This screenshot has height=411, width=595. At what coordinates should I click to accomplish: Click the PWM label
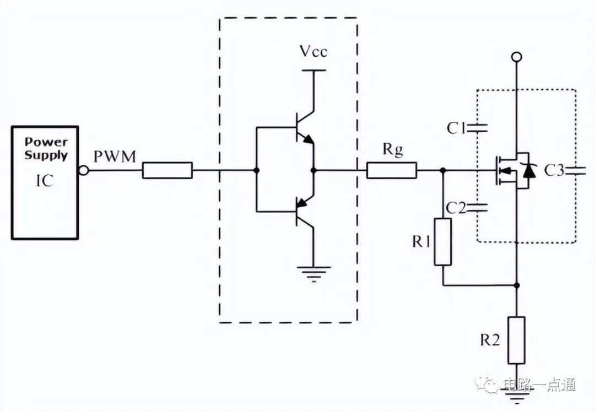tap(115, 156)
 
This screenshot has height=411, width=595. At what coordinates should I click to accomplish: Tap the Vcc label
tap(313, 51)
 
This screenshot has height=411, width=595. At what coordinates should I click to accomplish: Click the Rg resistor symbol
tap(392, 170)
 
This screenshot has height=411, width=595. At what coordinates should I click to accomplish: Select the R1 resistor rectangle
tap(443, 242)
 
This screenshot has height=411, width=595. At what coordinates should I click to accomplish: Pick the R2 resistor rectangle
tap(516, 340)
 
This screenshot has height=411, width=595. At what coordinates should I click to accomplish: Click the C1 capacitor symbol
tap(477, 128)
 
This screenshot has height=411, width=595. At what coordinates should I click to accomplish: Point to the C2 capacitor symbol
tap(477, 207)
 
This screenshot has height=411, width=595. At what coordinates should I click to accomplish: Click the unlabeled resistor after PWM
tap(167, 170)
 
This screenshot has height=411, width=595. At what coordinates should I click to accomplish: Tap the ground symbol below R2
tap(516, 397)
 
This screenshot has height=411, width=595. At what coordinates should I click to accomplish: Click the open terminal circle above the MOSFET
tap(516, 57)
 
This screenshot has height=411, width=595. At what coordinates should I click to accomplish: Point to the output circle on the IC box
tap(84, 171)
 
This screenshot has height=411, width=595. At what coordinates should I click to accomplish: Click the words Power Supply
tap(46, 148)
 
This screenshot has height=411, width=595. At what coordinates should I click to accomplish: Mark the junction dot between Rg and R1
tap(443, 170)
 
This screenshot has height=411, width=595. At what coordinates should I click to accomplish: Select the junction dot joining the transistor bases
tap(256, 170)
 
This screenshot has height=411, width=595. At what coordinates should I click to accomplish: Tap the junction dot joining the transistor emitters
tap(313, 170)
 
